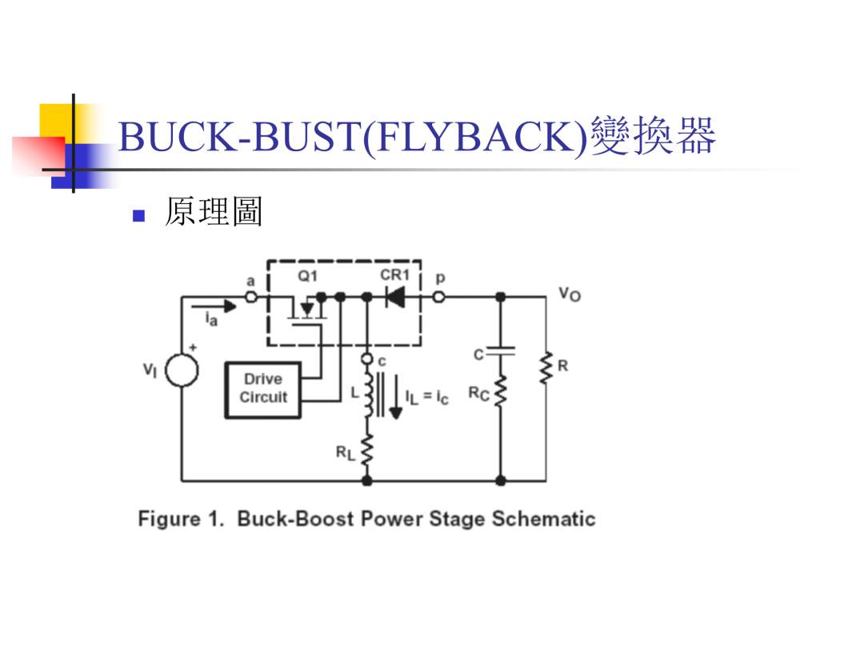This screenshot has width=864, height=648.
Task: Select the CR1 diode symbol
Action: coord(394,298)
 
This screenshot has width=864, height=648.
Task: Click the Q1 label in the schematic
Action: coord(307,275)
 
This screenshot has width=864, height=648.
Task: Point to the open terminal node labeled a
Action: coord(250,298)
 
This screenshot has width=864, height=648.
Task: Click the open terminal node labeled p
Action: coord(438,298)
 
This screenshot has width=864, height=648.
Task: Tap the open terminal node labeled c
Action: coord(367,359)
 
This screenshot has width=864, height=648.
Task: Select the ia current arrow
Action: coord(214,306)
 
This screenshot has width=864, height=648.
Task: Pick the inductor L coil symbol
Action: coord(368,394)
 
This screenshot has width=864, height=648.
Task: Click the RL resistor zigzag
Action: coord(367,449)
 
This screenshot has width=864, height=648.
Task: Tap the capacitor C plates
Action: coord(500,351)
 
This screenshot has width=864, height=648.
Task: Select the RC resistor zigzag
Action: coord(500,392)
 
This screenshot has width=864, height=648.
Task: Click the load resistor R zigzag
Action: coord(546,368)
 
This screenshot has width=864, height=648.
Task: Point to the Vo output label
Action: coord(570,294)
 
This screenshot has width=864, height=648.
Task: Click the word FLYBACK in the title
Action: coord(475,137)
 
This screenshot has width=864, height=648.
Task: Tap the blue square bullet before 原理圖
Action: coord(139,215)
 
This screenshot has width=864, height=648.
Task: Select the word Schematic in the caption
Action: coord(543,518)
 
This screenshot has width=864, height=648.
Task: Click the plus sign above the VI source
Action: coord(193,347)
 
